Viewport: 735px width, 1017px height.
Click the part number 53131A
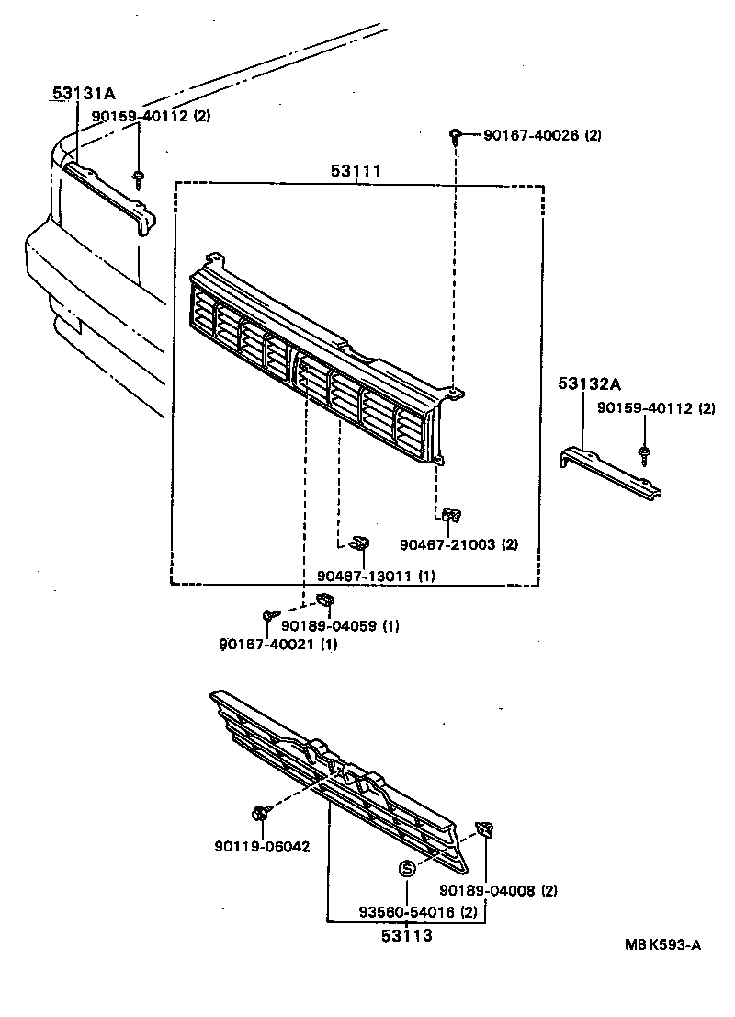[x=83, y=93]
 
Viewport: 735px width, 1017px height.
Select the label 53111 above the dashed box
[x=357, y=171]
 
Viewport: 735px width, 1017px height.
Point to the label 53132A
[x=589, y=383]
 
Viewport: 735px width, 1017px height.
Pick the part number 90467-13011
[x=365, y=576]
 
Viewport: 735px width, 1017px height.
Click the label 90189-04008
[x=486, y=890]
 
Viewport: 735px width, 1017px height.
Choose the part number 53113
[x=406, y=937]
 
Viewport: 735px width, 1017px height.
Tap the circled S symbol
[x=406, y=869]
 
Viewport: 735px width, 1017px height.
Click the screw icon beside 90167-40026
[x=457, y=136]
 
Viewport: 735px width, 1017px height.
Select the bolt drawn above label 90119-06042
[x=260, y=813]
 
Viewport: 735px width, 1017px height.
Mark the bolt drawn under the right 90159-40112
[x=645, y=452]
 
